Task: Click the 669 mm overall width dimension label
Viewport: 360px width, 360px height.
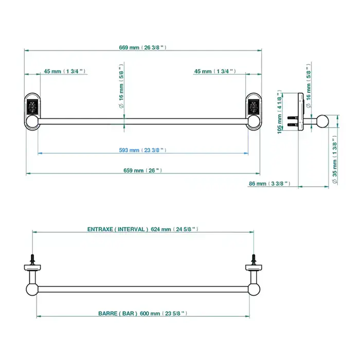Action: [142, 47]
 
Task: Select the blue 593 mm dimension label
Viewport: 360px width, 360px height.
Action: [142, 150]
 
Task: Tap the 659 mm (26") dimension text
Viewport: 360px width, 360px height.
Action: [142, 170]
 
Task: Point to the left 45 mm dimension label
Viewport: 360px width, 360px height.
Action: [65, 71]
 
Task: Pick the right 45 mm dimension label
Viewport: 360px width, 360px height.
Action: [215, 71]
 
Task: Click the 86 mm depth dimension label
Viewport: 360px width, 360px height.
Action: [269, 184]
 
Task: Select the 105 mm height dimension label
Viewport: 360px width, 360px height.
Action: [279, 112]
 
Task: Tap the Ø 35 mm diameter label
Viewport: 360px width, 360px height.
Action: [335, 159]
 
